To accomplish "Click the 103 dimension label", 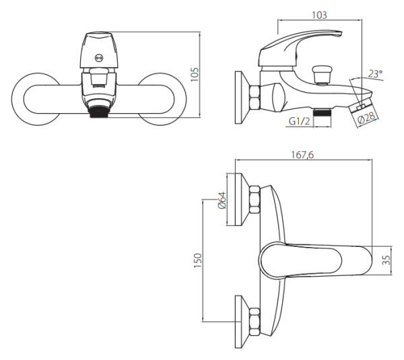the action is pyautogui.click(x=319, y=15).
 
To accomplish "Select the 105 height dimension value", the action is pyautogui.click(x=195, y=75).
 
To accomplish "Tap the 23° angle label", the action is pyautogui.click(x=375, y=74).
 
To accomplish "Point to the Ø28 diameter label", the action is pyautogui.click(x=368, y=118).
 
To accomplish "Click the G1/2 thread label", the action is pyautogui.click(x=299, y=120).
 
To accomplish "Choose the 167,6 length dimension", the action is pyautogui.click(x=302, y=155).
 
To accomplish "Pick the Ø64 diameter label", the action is pyautogui.click(x=222, y=200).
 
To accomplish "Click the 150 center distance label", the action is pyautogui.click(x=197, y=260).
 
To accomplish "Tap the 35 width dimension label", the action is pyautogui.click(x=386, y=260).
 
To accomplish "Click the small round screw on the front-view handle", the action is pyautogui.click(x=98, y=58).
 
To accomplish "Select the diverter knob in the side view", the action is pyautogui.click(x=322, y=74).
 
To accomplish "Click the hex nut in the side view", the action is pyautogui.click(x=255, y=98).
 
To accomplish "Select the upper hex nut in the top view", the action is pyautogui.click(x=255, y=199).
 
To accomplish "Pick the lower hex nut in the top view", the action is pyautogui.click(x=255, y=322).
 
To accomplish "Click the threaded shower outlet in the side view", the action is pyautogui.click(x=322, y=113).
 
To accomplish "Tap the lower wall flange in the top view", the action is pyautogui.click(x=242, y=322).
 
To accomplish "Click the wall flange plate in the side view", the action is pyautogui.click(x=242, y=98).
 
